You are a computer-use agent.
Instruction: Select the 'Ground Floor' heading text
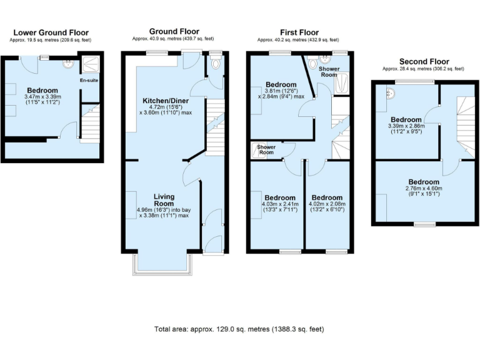point(174,31)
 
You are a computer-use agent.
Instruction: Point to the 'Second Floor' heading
point(422,62)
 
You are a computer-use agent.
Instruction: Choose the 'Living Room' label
point(164,199)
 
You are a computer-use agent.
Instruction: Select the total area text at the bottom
point(239,329)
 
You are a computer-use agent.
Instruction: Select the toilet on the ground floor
point(216,63)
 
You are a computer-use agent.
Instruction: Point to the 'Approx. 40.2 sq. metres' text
point(298,39)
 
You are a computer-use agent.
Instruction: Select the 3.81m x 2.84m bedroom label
point(281,92)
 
